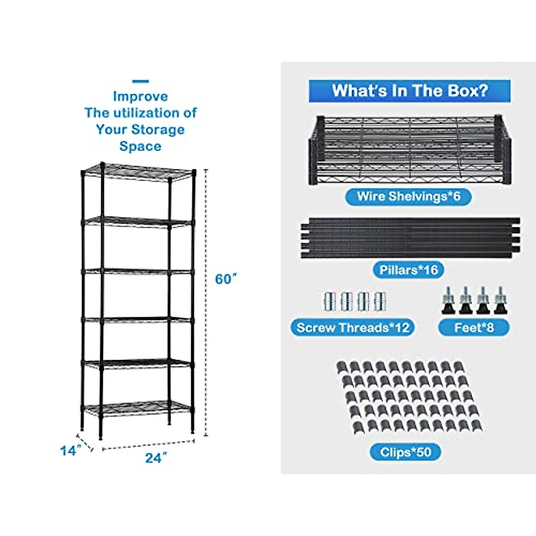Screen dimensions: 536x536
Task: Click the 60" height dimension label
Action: [225, 279]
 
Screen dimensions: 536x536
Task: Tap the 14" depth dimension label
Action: [70, 451]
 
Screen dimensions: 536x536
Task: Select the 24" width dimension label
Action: [156, 458]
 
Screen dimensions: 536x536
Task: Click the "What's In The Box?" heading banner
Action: [410, 91]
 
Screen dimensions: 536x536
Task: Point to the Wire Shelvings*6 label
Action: [408, 197]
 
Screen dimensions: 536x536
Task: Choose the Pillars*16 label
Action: [409, 270]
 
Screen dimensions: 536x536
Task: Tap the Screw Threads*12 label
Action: [353, 327]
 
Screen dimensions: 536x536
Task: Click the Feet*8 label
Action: [474, 327]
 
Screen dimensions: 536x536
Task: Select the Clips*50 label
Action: [406, 452]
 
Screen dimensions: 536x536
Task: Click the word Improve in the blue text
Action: [140, 96]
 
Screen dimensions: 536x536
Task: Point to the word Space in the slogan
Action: [140, 146]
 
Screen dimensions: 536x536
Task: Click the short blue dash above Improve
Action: [141, 81]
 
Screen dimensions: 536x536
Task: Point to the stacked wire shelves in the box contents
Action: [410, 150]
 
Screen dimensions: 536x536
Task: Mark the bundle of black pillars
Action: [410, 238]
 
